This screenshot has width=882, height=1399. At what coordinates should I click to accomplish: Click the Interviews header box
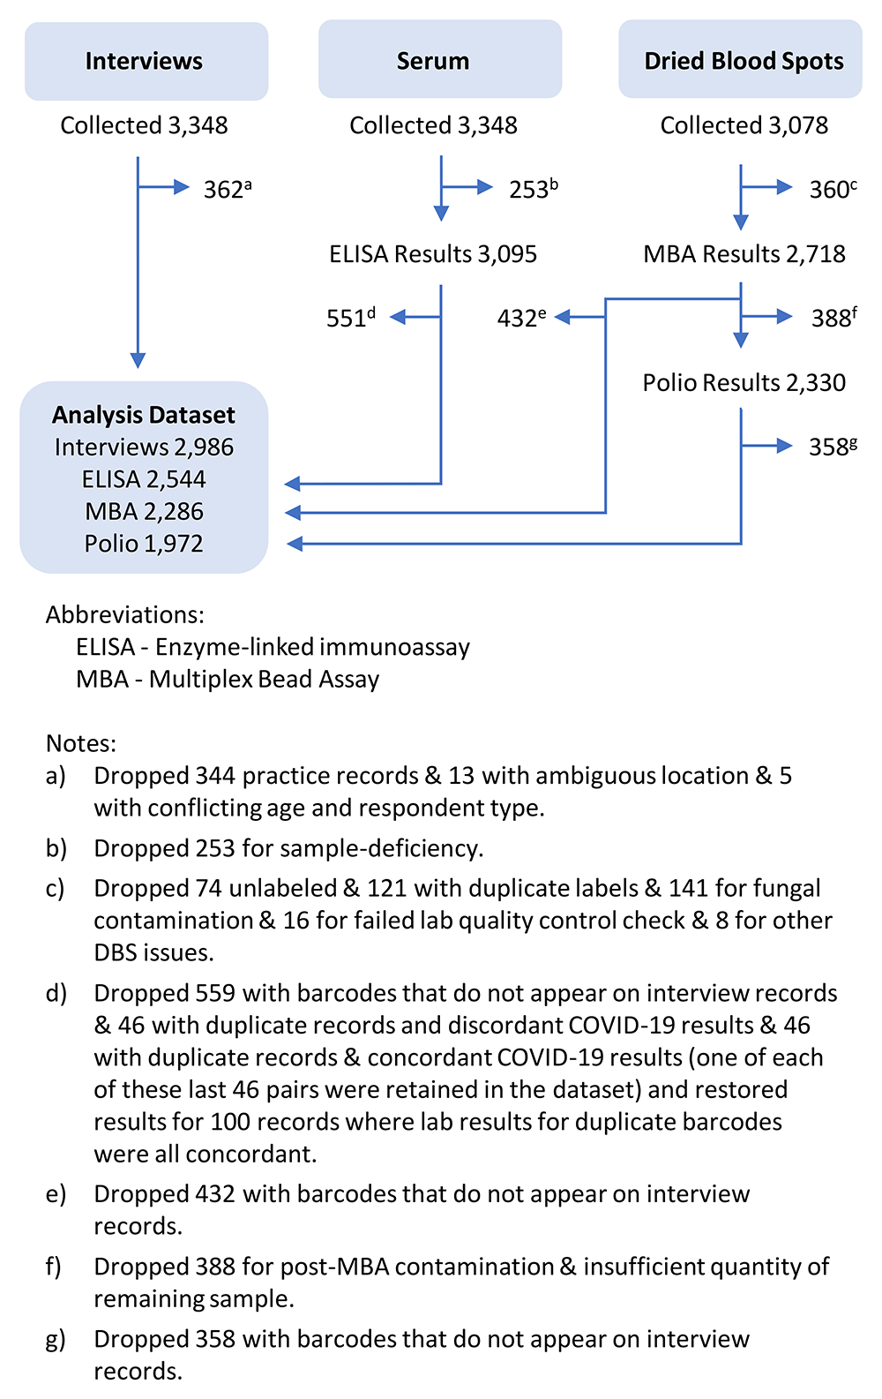[x=146, y=61]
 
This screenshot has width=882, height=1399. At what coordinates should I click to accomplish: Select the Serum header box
[x=440, y=59]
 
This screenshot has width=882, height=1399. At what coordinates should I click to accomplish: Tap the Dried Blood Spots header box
[x=740, y=59]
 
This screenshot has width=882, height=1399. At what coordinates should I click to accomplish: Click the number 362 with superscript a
[x=228, y=189]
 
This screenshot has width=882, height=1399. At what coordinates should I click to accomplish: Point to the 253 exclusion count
[x=534, y=189]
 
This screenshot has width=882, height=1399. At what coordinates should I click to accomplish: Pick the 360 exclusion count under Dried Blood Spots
[x=833, y=189]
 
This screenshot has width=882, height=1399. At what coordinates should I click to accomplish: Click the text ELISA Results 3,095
[x=433, y=254]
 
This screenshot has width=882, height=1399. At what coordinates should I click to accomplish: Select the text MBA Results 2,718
[x=744, y=254]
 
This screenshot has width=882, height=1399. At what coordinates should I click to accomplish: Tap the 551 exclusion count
[x=351, y=318]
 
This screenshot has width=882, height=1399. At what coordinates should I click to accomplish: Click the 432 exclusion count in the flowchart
[x=521, y=318]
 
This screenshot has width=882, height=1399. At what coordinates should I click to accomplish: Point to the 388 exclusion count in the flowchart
[x=834, y=318]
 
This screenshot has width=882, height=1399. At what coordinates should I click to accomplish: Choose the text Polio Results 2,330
[x=744, y=383]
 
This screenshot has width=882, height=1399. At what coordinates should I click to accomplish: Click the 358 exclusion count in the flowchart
[x=833, y=447]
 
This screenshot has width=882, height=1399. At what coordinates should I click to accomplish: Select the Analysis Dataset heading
[x=144, y=416]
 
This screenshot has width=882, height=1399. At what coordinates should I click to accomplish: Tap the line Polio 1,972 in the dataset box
[x=144, y=544]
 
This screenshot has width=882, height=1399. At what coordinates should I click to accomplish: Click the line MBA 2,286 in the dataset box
[x=144, y=512]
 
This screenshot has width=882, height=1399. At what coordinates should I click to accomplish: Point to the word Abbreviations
[x=125, y=615]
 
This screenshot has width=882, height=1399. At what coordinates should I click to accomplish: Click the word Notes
[x=80, y=743]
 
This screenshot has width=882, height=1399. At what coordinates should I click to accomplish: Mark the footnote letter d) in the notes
[x=56, y=994]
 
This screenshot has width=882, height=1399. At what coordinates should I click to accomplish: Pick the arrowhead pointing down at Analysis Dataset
[x=138, y=360]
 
